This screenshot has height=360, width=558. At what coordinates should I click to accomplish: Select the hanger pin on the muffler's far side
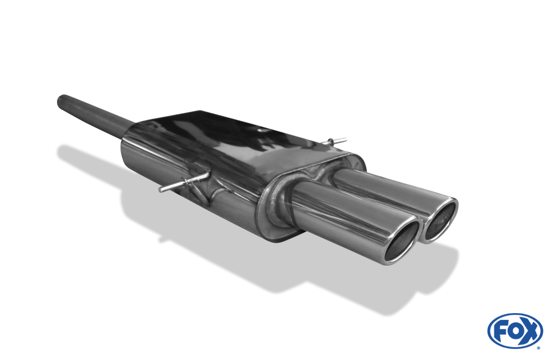click(x=334, y=141)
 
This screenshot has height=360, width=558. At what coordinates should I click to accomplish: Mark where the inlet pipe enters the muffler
click(x=129, y=131)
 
